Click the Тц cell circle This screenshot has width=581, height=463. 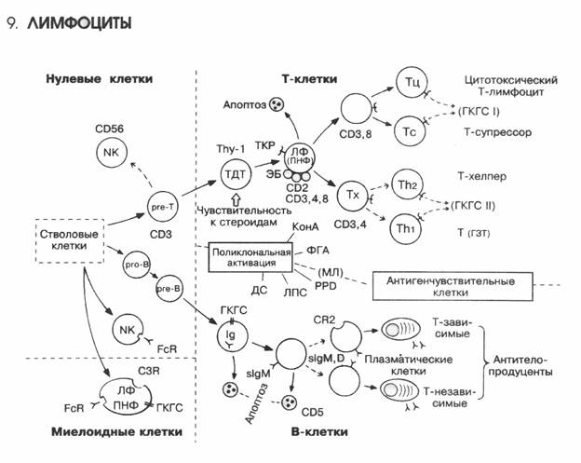(x=412, y=85)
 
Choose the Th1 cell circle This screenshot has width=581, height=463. (x=407, y=229)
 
